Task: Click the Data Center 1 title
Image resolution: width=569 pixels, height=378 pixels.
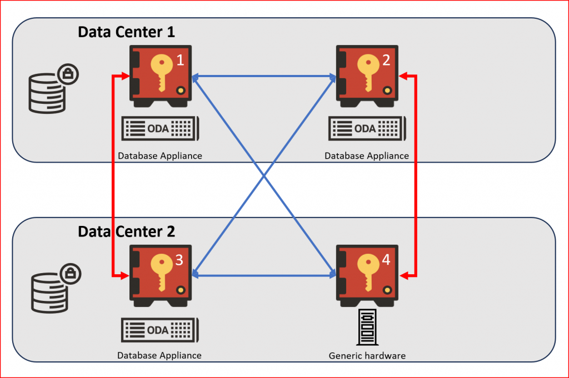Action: tap(126, 32)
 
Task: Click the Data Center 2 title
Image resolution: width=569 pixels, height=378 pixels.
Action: tap(126, 231)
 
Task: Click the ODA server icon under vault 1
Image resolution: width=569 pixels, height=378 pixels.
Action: tap(159, 129)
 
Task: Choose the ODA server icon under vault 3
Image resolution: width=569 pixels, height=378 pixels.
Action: tap(159, 330)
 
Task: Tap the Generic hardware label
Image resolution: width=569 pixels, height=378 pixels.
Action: tap(367, 356)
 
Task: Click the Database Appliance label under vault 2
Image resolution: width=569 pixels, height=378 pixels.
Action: tap(367, 156)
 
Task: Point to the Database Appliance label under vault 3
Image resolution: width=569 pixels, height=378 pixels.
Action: tap(159, 355)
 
